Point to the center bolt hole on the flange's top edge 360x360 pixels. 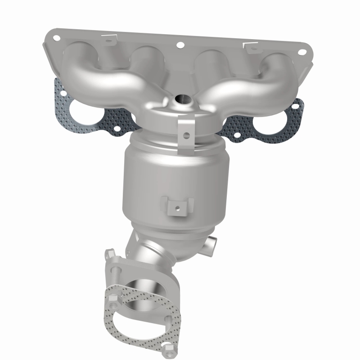pyautogui.click(x=180, y=45)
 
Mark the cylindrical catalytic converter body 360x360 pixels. pyautogui.click(x=175, y=180)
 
